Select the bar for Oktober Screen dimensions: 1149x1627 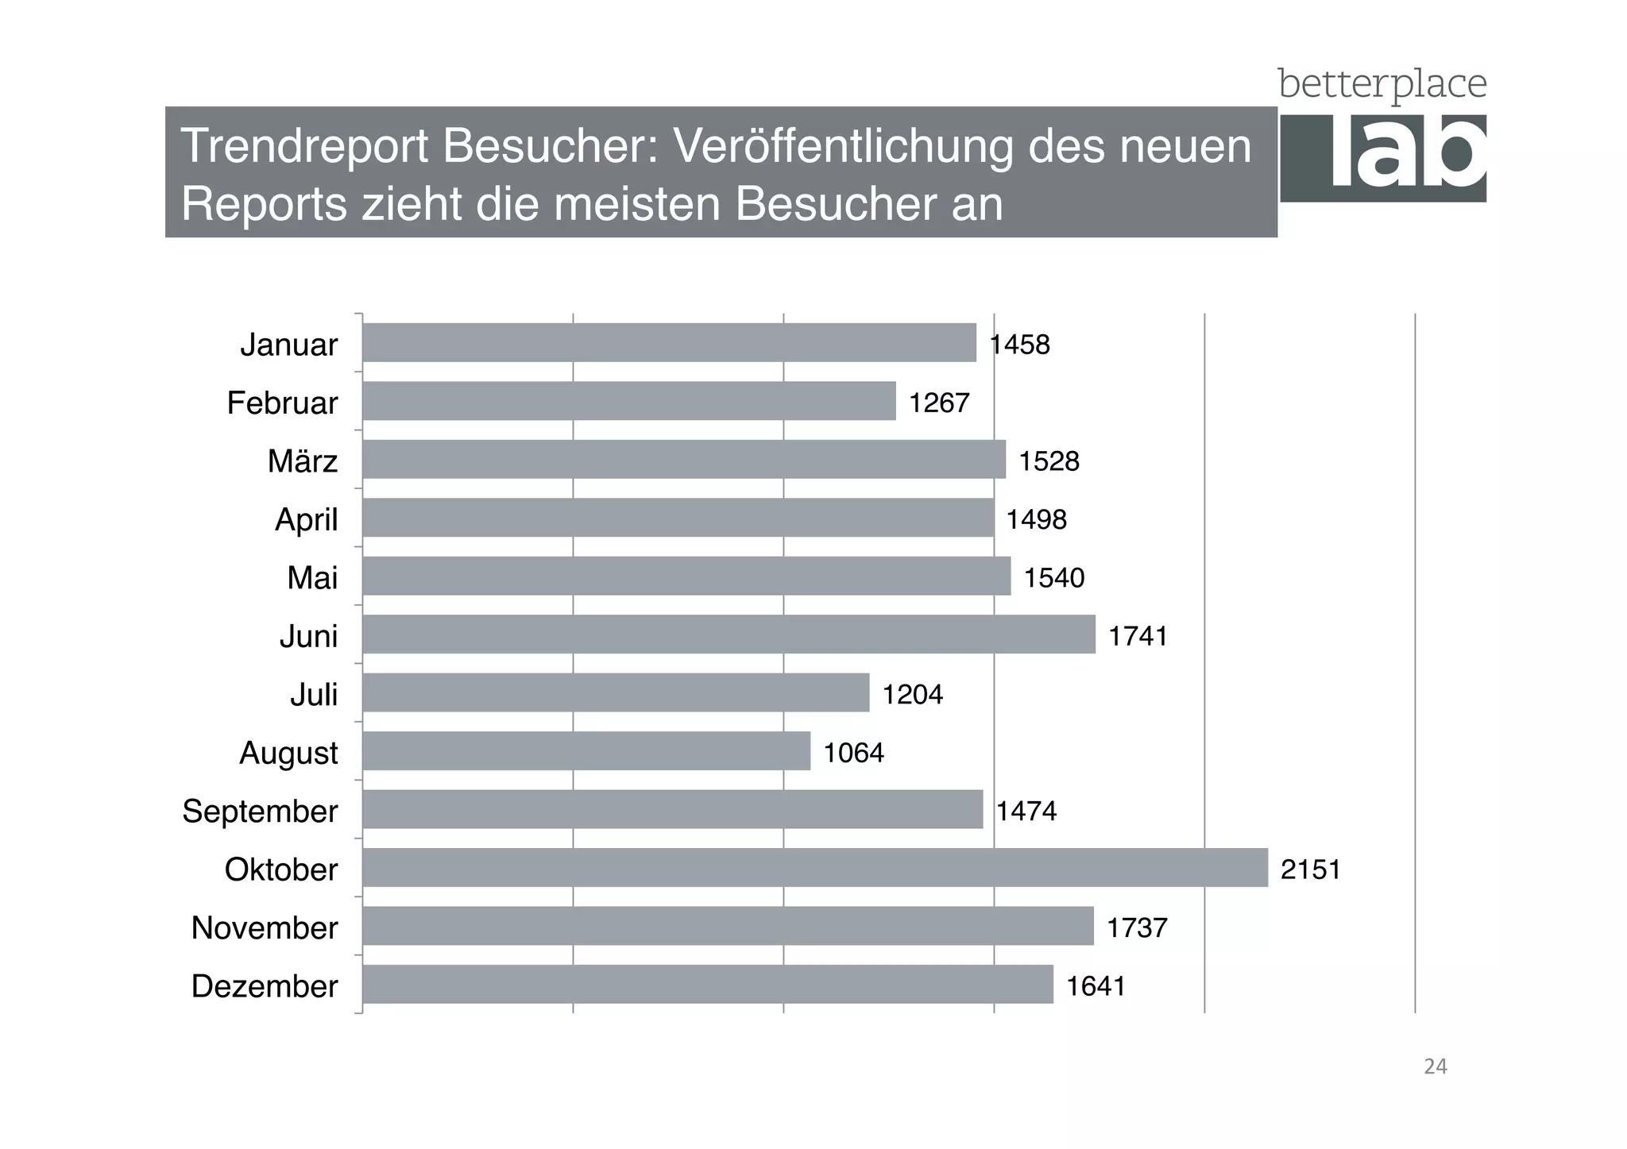(814, 867)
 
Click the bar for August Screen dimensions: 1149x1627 (586, 750)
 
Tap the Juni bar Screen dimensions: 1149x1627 (728, 634)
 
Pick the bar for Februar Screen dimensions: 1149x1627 (628, 400)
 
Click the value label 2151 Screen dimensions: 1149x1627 (1310, 869)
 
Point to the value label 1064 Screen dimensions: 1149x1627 (853, 752)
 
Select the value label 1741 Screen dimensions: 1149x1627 (1138, 636)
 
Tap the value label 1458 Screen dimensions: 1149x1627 (1020, 345)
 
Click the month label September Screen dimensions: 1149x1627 (260, 811)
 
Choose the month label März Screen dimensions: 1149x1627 (302, 461)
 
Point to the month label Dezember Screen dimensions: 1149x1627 (265, 985)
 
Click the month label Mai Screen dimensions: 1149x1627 (312, 577)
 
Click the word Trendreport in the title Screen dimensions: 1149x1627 (304, 146)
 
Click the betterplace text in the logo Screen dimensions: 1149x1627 (1382, 84)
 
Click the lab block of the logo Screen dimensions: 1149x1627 (1383, 157)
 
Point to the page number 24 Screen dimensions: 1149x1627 (1435, 1066)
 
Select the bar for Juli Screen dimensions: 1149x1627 (616, 692)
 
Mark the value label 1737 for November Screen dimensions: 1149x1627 (1137, 927)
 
